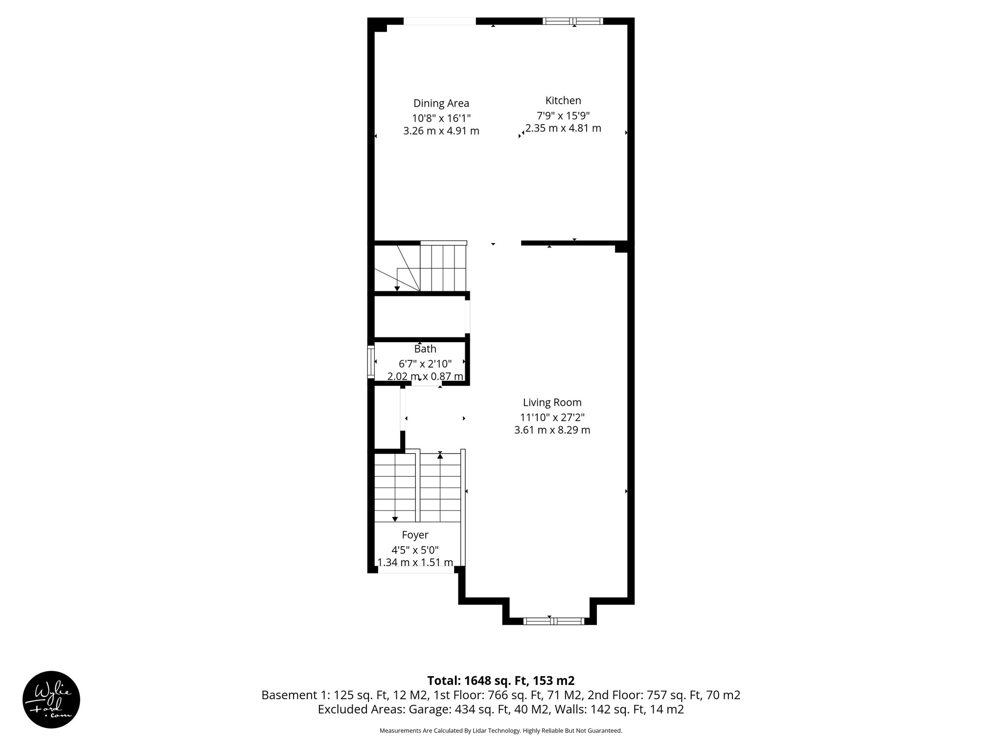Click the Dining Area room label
point(441,103)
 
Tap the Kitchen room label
point(563,100)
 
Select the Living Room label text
point(552,402)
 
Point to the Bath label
point(425,349)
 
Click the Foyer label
point(415,535)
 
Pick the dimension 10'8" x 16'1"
point(441,118)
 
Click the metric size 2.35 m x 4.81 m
point(563,129)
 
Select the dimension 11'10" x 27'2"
point(552,417)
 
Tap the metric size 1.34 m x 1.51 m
point(415,562)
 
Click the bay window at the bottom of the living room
point(553,621)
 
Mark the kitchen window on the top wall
point(572,21)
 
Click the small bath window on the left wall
point(371,362)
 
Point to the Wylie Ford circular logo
point(51,700)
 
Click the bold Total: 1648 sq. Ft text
point(501,681)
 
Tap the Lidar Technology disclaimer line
point(501,731)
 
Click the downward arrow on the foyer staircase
point(395,518)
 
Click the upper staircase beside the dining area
point(431,268)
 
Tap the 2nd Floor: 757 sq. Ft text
point(664,695)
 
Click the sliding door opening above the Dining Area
point(439,21)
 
